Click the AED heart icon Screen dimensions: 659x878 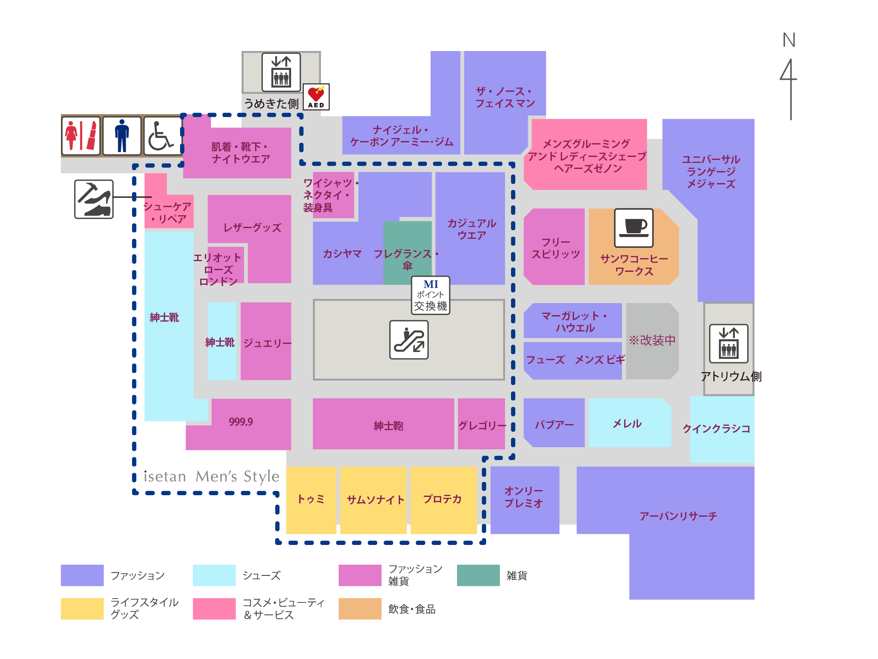[x=316, y=96]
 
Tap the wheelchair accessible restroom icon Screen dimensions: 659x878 [x=162, y=135]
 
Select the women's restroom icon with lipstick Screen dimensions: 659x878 [x=81, y=135]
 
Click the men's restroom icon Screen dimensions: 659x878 [x=122, y=135]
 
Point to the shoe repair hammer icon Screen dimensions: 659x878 [x=94, y=199]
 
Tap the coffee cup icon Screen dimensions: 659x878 [x=634, y=228]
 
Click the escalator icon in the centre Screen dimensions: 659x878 [x=409, y=340]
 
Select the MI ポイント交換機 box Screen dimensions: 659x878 [x=430, y=295]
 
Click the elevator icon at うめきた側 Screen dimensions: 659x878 [x=281, y=72]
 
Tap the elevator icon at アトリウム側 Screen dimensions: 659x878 [x=728, y=343]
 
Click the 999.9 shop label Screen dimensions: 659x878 [x=241, y=422]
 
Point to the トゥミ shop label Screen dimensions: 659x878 [x=311, y=499]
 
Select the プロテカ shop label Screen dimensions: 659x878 [x=442, y=499]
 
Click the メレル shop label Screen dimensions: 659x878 [x=627, y=424]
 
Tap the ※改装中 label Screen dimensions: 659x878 [x=652, y=340]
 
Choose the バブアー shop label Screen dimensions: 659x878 [x=554, y=424]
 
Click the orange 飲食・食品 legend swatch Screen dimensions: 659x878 [x=360, y=608]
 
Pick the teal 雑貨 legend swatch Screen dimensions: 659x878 [x=478, y=575]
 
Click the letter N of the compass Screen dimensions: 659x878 [x=789, y=40]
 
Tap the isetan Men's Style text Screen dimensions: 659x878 [x=211, y=476]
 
